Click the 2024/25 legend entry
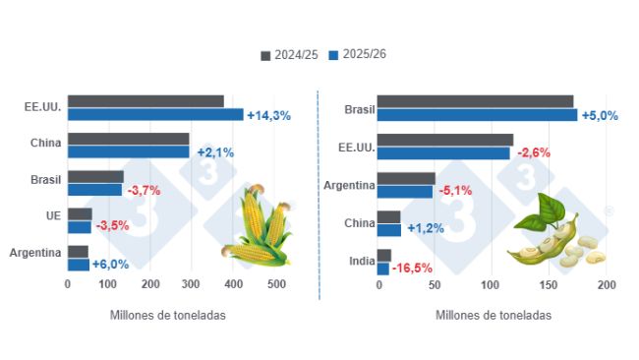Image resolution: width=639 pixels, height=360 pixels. coord(290,55)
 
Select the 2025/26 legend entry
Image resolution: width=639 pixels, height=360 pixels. coord(357,55)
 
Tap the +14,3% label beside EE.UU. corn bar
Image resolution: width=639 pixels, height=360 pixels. coord(268,115)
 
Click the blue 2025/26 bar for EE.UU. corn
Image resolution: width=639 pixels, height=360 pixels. coord(155,114)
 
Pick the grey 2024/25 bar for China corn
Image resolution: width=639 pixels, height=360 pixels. coord(128,139)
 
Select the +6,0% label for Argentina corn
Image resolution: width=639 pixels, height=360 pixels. coord(110,264)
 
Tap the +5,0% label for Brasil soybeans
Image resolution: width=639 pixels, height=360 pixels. coord(601,115)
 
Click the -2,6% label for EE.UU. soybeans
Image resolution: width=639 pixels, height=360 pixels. coord(532,152)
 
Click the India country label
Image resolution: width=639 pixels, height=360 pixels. coord(361,261)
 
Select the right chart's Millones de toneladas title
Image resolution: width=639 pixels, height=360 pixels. coord(493,316)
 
